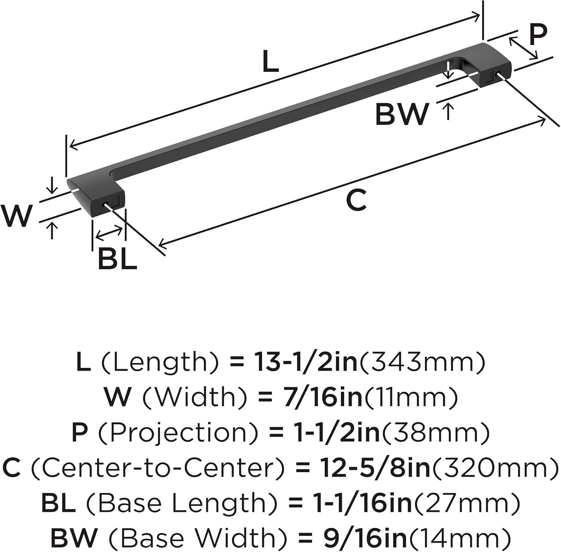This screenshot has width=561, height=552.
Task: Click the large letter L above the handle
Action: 270,62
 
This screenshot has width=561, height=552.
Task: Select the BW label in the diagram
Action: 402,114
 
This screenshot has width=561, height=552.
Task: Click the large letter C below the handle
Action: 356,201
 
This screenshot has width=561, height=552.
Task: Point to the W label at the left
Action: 16,216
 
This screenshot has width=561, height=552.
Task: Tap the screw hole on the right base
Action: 498,74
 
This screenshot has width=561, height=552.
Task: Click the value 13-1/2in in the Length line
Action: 306,362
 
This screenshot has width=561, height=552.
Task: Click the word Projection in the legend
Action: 178,433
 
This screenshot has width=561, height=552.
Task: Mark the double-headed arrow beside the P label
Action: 523,48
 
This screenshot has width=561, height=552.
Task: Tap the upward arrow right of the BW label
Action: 448,111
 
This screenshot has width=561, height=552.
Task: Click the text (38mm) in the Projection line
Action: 435,433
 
